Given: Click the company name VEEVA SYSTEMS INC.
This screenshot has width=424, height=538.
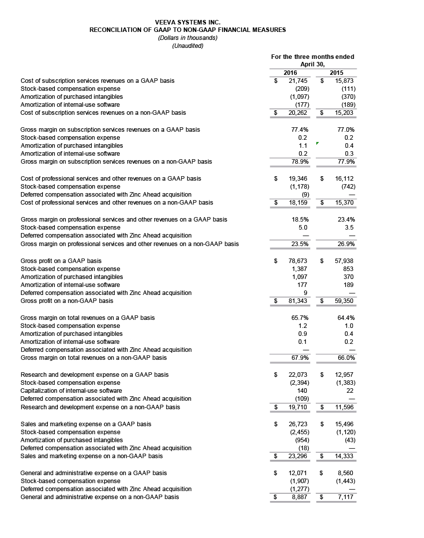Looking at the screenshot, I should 188,22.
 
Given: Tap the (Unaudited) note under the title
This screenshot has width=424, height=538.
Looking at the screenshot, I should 188,46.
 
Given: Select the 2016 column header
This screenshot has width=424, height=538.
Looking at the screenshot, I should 290,73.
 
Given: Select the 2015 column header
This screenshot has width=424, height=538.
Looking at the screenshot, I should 337,73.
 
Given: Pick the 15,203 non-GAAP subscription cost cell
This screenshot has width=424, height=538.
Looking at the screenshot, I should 345,113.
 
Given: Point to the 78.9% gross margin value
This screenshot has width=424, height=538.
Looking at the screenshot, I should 300,162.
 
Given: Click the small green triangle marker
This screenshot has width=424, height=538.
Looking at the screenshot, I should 317,143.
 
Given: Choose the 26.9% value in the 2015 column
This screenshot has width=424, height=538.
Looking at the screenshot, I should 346,244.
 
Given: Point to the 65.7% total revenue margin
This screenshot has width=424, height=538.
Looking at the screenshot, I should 300,317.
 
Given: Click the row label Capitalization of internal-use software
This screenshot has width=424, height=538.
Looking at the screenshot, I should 71,391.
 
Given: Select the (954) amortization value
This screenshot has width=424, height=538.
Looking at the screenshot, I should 301,440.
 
